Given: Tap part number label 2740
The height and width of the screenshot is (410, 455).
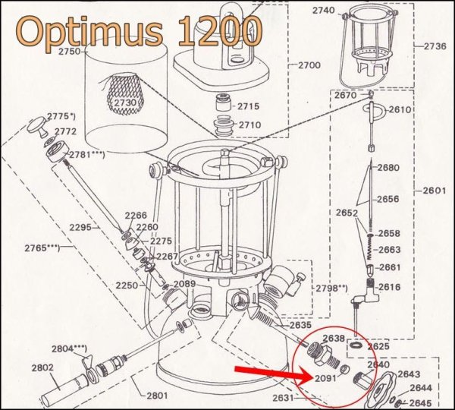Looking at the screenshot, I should coord(323,11).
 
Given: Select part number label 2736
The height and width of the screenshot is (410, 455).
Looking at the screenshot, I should coord(435,46).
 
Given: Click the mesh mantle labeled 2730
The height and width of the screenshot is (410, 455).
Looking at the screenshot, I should coord(125,102).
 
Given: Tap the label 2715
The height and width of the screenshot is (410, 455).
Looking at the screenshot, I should coord(249,106).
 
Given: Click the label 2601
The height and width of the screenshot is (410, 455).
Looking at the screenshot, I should coord(435,189).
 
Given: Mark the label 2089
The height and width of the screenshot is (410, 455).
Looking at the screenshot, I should coord(185,284).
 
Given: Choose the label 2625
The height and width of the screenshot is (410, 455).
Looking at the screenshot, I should coord(378,345).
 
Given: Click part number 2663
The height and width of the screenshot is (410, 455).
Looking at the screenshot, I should coord(389,250).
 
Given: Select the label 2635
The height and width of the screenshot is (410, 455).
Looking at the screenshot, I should coord(300,326).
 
